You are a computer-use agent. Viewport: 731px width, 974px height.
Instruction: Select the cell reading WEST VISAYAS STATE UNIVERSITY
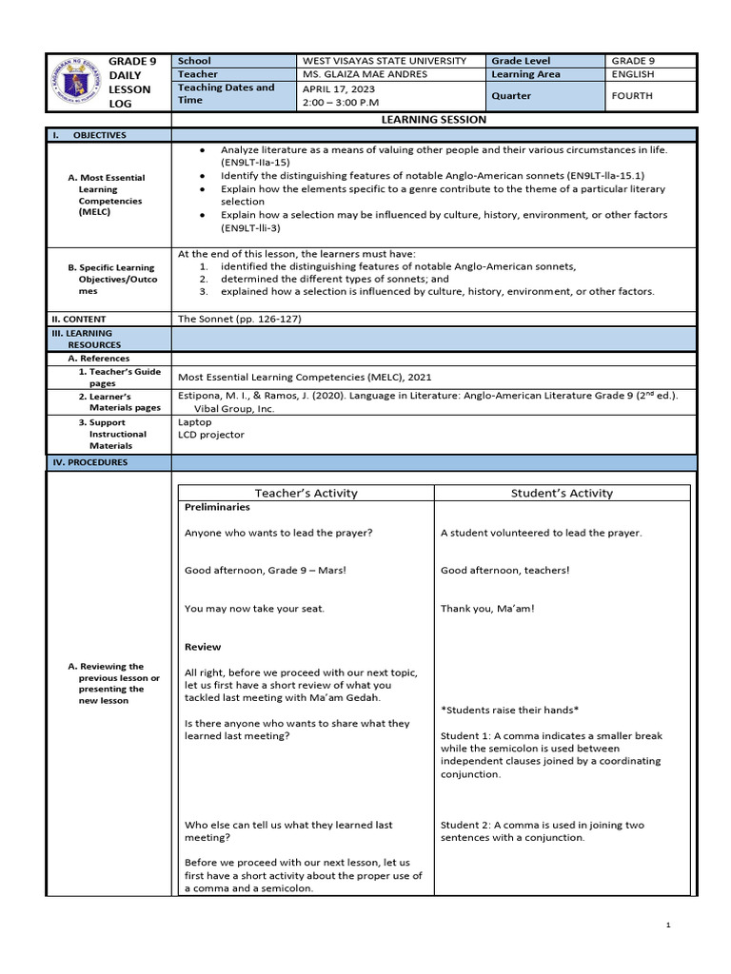[x=384, y=61]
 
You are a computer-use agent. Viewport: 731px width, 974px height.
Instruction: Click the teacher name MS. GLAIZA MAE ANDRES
[x=365, y=74]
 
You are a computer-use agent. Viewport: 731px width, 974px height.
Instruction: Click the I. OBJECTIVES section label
[x=89, y=135]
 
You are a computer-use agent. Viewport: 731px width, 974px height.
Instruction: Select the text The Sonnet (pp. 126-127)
[x=239, y=319]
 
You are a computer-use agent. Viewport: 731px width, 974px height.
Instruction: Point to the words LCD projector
[x=211, y=435]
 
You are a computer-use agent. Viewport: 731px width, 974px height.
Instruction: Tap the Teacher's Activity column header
[x=306, y=493]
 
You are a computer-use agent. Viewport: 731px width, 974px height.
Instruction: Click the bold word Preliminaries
[x=217, y=508]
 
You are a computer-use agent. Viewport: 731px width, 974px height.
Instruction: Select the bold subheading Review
[x=202, y=647]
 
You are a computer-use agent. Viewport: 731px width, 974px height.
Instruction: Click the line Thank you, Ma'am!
[x=487, y=609]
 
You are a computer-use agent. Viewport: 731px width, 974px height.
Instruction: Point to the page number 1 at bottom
[x=669, y=925]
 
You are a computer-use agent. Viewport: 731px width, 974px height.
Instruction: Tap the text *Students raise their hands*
[x=510, y=711]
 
